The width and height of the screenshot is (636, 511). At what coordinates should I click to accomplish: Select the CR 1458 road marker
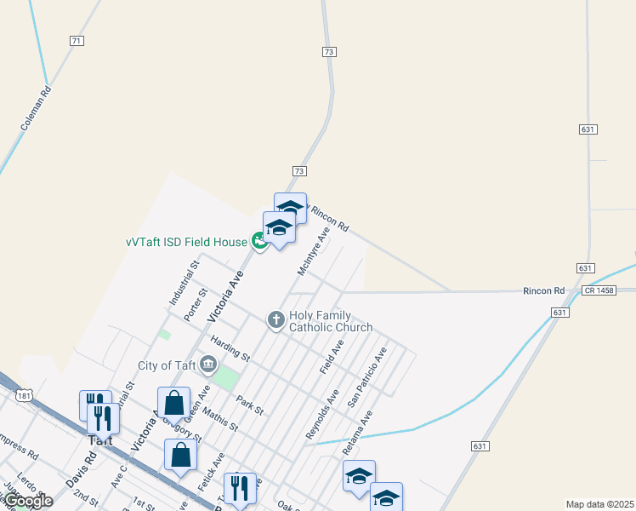pos(599,291)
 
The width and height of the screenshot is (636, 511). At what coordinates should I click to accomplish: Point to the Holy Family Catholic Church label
pos(331,321)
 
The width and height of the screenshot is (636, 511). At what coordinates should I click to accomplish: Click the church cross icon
pos(275,320)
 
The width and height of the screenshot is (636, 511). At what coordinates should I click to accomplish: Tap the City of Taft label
pos(166,366)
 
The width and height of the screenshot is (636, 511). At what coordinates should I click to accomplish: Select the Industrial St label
pos(184,283)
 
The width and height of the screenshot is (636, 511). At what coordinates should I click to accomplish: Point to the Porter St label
pos(196,304)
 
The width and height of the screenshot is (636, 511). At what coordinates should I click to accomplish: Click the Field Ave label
pos(332,356)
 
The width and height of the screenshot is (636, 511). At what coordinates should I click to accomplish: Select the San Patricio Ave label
pos(366,376)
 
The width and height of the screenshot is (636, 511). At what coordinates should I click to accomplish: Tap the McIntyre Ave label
pos(313,250)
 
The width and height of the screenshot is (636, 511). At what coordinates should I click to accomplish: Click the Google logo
pos(27,501)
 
